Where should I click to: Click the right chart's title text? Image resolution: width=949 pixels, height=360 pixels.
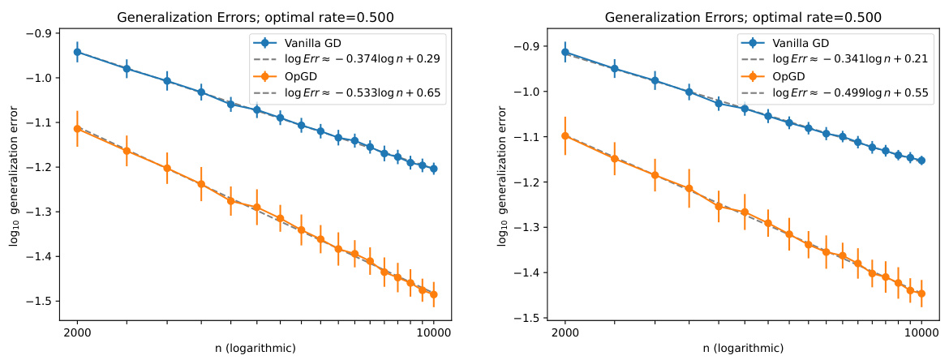click(x=743, y=17)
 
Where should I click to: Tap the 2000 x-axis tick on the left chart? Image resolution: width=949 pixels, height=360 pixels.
click(x=77, y=332)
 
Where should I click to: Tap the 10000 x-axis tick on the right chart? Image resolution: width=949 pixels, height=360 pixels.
click(x=921, y=332)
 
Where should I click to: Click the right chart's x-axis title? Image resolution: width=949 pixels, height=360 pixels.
click(x=743, y=349)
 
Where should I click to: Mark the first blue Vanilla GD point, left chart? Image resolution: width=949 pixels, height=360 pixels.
click(x=77, y=52)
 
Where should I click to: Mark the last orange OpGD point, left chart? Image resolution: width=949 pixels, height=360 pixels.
click(x=433, y=294)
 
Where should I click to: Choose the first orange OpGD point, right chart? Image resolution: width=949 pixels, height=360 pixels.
click(x=565, y=135)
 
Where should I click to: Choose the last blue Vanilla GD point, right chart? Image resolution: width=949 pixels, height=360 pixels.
click(x=921, y=161)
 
